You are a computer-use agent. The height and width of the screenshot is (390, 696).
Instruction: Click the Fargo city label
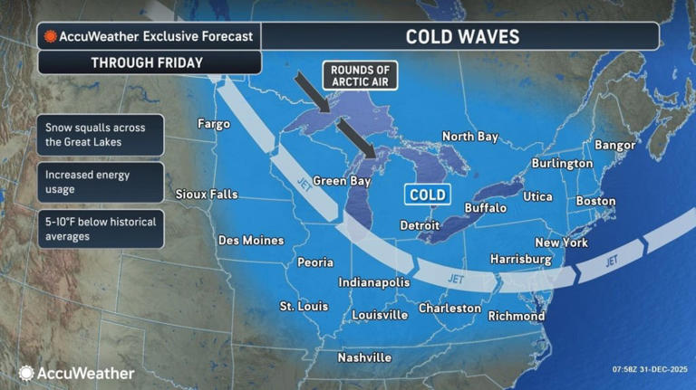point(214,124)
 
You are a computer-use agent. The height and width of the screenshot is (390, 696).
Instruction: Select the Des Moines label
point(251,241)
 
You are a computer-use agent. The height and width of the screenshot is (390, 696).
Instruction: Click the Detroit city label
point(420,224)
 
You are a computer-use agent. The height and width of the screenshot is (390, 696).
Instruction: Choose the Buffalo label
point(485,208)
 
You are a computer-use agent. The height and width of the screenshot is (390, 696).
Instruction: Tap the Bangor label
point(618,145)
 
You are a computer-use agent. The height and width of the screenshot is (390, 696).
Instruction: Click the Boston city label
point(595,201)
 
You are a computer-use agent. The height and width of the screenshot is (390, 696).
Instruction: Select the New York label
point(561,243)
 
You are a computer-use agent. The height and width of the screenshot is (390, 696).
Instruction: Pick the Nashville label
point(364,357)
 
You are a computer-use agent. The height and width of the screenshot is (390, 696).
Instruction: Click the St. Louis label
point(304,306)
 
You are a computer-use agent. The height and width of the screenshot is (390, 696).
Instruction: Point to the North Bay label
point(470,137)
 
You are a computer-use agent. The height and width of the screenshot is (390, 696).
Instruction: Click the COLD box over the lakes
point(426,195)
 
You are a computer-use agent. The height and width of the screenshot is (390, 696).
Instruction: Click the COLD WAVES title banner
point(462,36)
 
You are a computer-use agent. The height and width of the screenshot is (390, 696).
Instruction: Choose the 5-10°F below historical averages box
point(101,229)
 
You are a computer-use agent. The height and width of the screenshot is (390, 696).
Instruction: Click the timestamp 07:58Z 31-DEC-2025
point(642,370)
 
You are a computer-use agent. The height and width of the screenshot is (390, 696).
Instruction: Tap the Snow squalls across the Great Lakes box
point(101,135)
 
